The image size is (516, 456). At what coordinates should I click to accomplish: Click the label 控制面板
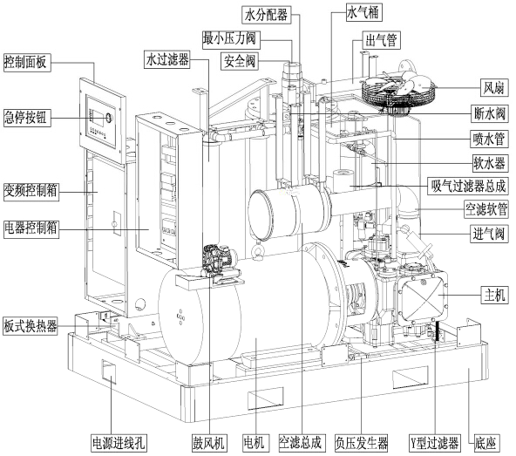[x=27, y=62]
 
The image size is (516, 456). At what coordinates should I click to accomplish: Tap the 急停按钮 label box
[x=27, y=118]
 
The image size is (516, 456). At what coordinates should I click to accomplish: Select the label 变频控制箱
[x=31, y=191]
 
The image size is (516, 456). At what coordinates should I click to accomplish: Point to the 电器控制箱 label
[x=31, y=228]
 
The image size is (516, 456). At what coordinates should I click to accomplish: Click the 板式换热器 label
[x=31, y=326]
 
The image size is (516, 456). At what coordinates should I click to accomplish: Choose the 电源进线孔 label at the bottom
[x=119, y=443]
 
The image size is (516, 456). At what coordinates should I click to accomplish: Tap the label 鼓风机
[x=208, y=443]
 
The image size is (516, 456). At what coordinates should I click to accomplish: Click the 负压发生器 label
[x=362, y=443]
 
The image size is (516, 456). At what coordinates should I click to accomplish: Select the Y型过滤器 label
[x=434, y=443]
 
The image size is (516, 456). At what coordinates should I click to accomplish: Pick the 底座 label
[x=485, y=443]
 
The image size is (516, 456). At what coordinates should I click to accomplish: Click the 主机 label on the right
[x=495, y=295]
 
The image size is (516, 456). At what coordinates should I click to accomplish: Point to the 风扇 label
[x=494, y=88]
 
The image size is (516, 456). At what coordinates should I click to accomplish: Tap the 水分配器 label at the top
[x=266, y=15]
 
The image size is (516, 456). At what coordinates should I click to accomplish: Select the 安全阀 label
[x=240, y=61]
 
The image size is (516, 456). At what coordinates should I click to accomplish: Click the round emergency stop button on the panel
[x=109, y=117]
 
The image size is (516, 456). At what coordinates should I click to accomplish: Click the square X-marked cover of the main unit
[x=421, y=298]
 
